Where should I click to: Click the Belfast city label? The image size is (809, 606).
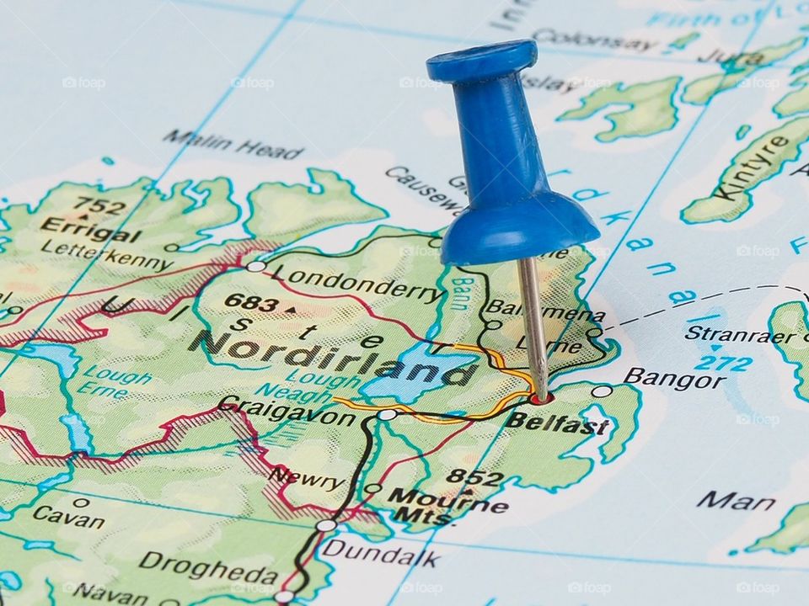coord(557,423)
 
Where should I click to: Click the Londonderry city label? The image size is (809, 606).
coord(358,284)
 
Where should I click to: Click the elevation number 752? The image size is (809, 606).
coord(99,205)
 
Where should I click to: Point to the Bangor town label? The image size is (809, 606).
coord(674,378)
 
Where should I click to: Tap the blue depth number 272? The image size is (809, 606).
coord(723,364)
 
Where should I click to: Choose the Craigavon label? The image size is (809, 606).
coord(287,412)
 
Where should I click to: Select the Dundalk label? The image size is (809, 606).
coord(381,555)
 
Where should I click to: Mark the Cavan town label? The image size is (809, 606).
coord(68,516)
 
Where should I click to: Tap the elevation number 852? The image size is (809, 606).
coord(474,478)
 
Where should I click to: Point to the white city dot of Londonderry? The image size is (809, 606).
coord(255,266)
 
